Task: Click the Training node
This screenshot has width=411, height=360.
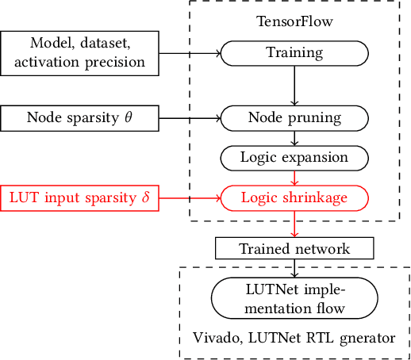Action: tap(294, 53)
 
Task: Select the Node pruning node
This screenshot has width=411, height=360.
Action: tap(294, 119)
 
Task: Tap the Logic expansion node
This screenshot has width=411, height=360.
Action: tap(294, 157)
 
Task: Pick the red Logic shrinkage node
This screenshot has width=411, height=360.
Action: tap(294, 197)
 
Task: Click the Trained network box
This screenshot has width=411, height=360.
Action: tap(294, 248)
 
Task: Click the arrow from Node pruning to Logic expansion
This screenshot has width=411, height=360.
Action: tap(294, 138)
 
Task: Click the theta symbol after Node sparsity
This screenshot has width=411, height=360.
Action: tap(129, 118)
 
